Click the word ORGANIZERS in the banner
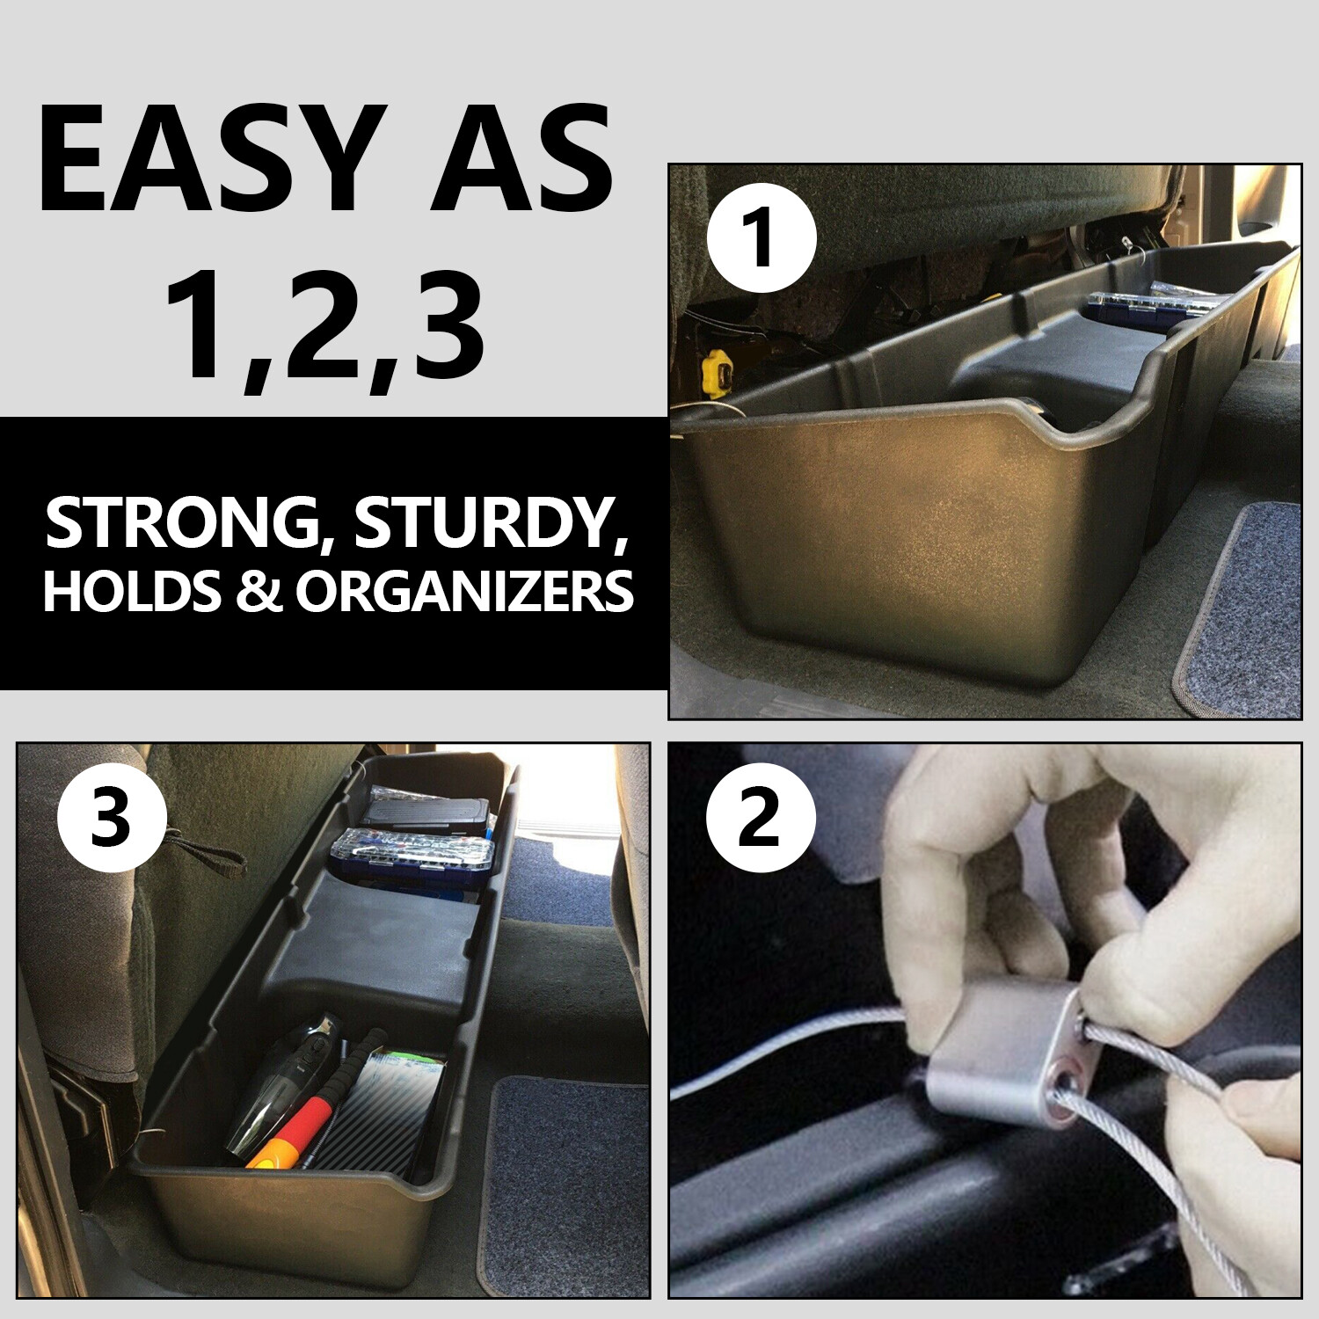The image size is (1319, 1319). tap(464, 591)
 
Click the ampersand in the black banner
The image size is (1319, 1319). tap(257, 591)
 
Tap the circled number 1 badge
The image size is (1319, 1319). tap(762, 238)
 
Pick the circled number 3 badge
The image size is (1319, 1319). tap(111, 820)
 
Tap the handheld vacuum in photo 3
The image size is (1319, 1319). tap(286, 1086)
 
